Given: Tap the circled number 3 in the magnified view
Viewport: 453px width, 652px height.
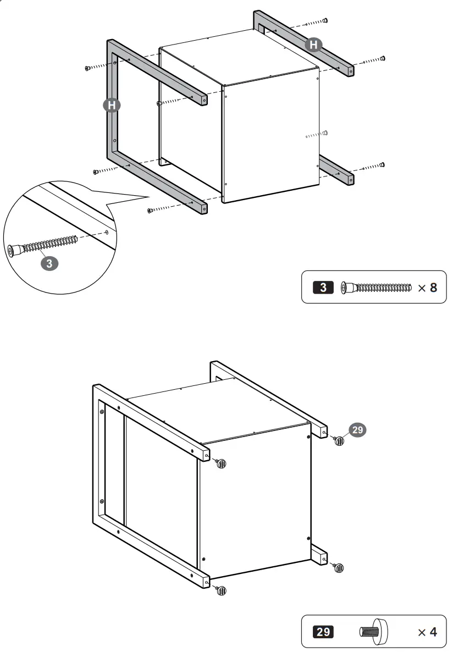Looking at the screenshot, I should click(x=49, y=263).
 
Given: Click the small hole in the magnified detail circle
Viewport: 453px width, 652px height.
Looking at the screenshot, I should click(x=107, y=231).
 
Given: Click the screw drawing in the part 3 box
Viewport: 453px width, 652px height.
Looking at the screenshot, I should click(x=377, y=287).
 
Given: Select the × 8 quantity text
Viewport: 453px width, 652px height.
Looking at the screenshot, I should click(x=427, y=288).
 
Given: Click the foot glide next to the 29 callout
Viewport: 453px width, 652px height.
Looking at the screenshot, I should click(x=339, y=440).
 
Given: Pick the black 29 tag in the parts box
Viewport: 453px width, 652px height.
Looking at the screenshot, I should click(x=322, y=632).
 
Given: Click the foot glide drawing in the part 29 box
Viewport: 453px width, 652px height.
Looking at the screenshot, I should click(x=373, y=631).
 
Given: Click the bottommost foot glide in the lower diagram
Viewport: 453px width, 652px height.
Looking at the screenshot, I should click(x=221, y=590).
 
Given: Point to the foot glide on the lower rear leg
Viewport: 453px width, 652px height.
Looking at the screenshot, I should click(x=339, y=567).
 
